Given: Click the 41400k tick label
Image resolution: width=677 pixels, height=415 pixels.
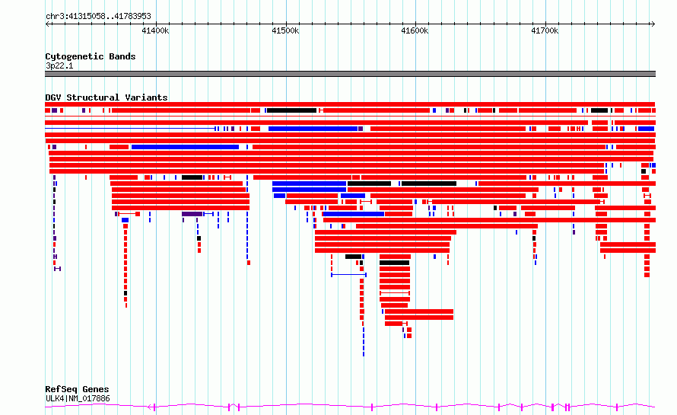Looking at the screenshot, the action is (x=155, y=30).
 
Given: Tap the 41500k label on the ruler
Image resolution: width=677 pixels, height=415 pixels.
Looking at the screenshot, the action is (x=285, y=30).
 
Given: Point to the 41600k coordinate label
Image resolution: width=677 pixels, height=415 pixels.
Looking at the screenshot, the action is (x=415, y=30).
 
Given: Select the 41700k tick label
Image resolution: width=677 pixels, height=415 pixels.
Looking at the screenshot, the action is (x=545, y=30).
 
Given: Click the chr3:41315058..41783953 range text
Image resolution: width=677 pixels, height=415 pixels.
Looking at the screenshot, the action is (x=98, y=16).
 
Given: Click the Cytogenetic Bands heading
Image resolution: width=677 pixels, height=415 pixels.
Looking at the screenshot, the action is (x=91, y=56).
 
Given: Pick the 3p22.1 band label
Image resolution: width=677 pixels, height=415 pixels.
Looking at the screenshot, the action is (x=59, y=65).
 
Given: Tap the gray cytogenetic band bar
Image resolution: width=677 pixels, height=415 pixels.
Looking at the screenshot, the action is (x=350, y=74).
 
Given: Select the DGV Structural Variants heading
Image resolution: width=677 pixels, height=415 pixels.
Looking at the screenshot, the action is (x=106, y=97).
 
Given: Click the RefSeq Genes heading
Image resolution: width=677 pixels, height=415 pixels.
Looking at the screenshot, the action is (x=77, y=389).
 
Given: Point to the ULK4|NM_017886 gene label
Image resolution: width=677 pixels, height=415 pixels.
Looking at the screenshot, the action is (x=78, y=398).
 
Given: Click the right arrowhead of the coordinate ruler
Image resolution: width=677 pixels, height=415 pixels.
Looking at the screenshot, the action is (x=653, y=24).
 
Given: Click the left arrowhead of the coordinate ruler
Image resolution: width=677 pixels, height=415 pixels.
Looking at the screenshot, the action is (x=47, y=24).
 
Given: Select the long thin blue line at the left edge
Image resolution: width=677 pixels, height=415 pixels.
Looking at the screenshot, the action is (x=130, y=129).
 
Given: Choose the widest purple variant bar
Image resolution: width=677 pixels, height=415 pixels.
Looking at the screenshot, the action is (x=192, y=214).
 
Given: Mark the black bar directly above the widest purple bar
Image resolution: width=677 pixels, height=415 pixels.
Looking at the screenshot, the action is (x=192, y=177).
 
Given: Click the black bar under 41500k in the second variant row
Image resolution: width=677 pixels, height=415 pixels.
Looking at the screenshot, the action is (x=291, y=110).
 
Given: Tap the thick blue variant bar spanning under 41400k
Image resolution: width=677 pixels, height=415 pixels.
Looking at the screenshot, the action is (x=186, y=147).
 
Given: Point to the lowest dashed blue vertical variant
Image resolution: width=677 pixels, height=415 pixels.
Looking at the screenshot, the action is (x=364, y=341).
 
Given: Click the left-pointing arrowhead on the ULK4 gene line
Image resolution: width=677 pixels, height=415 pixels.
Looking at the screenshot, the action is (x=150, y=407).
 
